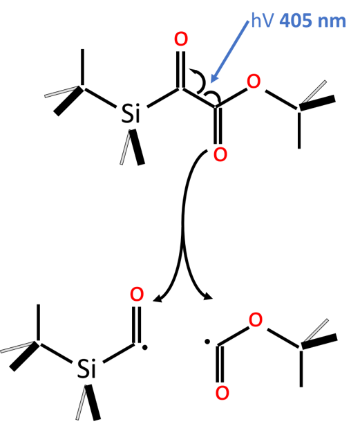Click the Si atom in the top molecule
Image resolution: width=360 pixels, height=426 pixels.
click(x=131, y=113)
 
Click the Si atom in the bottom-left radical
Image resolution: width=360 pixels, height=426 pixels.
click(x=86, y=369)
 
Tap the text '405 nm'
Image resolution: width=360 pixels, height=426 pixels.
click(x=312, y=21)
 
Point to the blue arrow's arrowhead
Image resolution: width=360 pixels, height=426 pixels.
click(x=214, y=77)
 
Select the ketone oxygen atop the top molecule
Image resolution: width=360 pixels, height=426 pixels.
click(x=181, y=39)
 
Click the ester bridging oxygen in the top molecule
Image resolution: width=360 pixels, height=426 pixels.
click(x=254, y=81)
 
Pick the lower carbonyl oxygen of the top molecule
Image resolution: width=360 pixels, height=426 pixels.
click(x=220, y=155)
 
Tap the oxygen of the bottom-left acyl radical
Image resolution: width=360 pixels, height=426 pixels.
click(x=137, y=294)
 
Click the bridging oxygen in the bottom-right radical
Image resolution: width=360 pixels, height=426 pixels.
click(x=256, y=319)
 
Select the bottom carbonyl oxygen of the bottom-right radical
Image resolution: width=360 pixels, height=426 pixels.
click(x=222, y=393)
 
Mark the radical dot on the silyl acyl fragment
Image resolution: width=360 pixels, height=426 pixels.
click(x=144, y=347)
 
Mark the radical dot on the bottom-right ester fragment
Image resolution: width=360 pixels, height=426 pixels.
click(x=207, y=342)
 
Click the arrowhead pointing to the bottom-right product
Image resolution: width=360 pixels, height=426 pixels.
click(x=208, y=297)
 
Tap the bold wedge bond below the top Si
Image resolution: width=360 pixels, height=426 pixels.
click(x=137, y=147)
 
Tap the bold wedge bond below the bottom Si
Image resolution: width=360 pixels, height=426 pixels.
click(x=93, y=402)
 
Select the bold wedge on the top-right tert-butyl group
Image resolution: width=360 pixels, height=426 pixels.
click(x=317, y=103)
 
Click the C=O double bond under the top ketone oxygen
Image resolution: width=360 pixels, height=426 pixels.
click(x=181, y=70)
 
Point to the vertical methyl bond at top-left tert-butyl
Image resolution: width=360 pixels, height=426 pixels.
click(x=82, y=68)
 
